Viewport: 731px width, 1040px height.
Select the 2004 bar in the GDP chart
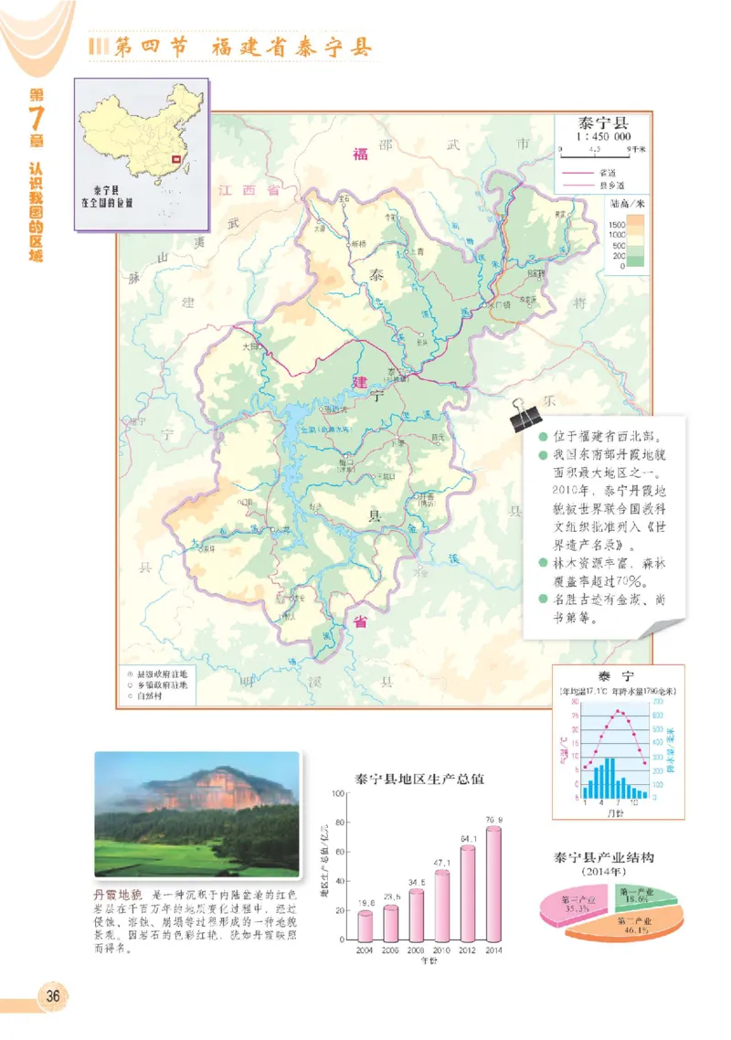point(365,926)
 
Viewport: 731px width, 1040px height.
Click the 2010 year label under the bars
point(442,951)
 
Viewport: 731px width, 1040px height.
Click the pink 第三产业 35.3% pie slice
point(575,907)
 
